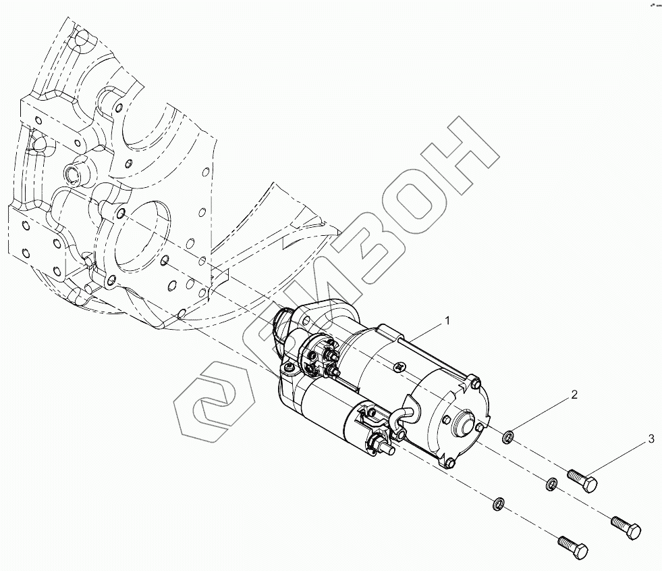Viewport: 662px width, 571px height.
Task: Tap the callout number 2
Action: (574, 395)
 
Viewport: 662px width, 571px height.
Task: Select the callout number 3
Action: (651, 439)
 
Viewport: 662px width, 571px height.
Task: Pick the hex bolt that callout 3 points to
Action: (584, 481)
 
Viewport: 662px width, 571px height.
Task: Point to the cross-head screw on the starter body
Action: (400, 366)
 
